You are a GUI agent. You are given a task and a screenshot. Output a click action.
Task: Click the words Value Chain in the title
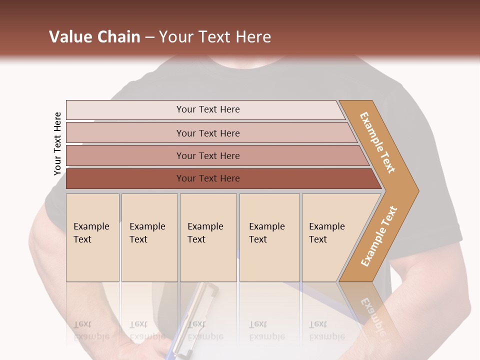(x=94, y=37)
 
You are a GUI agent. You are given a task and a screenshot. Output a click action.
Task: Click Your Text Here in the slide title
(x=215, y=37)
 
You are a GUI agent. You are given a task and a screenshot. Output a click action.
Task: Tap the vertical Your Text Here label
(x=57, y=143)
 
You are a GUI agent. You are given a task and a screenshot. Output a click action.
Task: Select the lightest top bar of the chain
(x=208, y=109)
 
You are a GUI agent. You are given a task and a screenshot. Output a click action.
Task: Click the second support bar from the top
(x=208, y=133)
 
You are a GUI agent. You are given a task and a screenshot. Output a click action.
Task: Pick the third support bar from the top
(x=208, y=155)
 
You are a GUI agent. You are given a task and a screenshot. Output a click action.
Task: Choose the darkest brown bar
(x=208, y=178)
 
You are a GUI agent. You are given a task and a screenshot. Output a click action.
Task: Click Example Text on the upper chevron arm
(x=377, y=142)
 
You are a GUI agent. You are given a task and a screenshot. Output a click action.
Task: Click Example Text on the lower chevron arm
(x=379, y=236)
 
